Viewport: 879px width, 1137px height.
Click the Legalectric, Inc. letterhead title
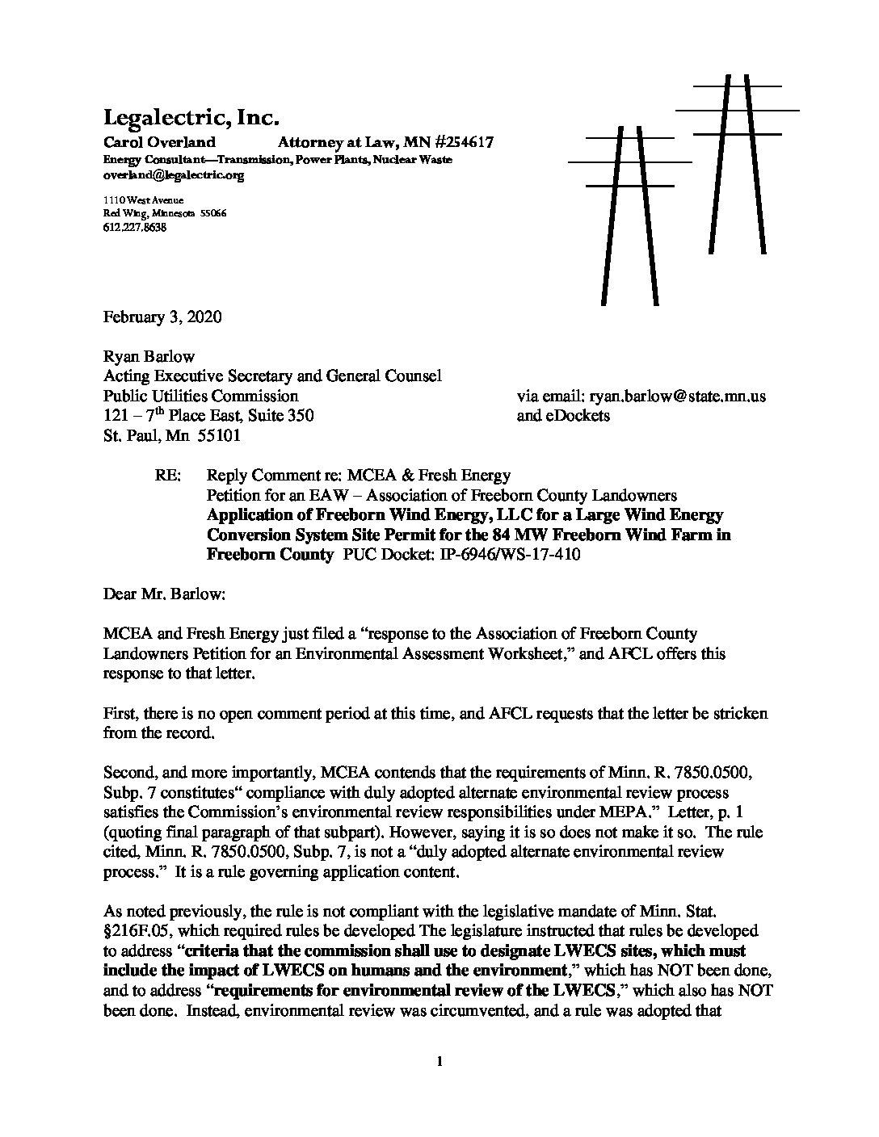click(191, 118)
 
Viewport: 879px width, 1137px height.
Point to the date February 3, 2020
click(162, 317)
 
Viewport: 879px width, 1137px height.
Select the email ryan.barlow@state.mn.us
click(641, 396)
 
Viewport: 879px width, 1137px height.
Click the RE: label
click(166, 476)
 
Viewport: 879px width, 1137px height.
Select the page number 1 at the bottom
click(439, 1062)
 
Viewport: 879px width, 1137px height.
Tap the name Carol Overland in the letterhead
click(159, 143)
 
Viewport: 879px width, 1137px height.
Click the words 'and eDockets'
click(563, 417)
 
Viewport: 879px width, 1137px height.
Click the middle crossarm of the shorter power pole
click(630, 162)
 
